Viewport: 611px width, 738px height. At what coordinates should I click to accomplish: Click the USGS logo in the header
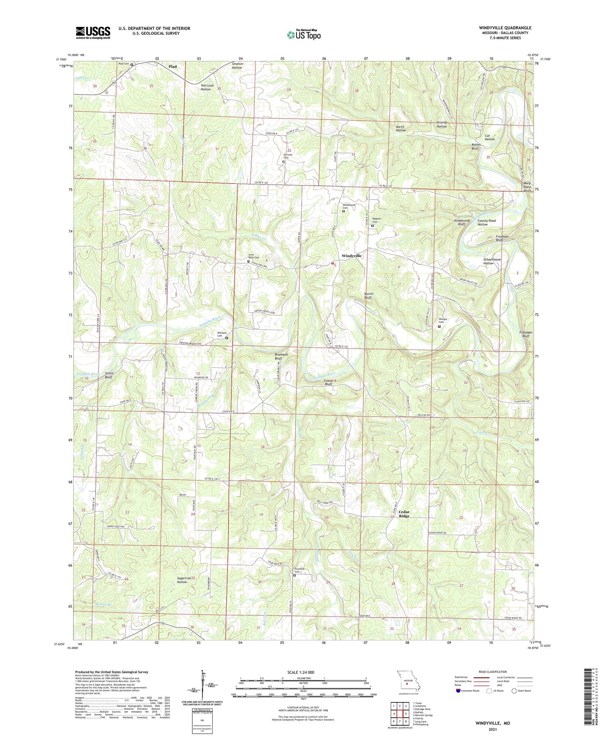[93, 32]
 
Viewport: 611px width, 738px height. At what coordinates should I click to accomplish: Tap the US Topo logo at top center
[303, 35]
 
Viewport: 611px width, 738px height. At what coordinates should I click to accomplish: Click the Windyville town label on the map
[352, 256]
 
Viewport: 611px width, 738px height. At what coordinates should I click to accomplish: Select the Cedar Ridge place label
[404, 514]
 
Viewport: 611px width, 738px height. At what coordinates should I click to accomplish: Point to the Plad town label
[173, 67]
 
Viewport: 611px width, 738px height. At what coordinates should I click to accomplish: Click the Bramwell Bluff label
[281, 357]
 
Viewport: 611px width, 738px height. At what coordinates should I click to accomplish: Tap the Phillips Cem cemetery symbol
[439, 326]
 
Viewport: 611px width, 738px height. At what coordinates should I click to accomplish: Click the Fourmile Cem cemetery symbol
[295, 575]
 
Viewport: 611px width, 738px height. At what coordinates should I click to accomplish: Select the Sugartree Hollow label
[181, 579]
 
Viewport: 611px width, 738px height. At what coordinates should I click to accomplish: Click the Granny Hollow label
[441, 124]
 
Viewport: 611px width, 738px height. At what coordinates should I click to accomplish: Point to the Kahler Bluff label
[477, 146]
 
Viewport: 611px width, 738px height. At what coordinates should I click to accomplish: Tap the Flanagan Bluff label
[526, 334]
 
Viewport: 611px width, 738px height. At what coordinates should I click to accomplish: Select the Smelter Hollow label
[237, 66]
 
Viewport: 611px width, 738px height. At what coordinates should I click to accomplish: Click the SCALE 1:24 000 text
[303, 672]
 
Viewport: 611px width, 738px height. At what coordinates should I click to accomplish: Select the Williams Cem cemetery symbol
[226, 338]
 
